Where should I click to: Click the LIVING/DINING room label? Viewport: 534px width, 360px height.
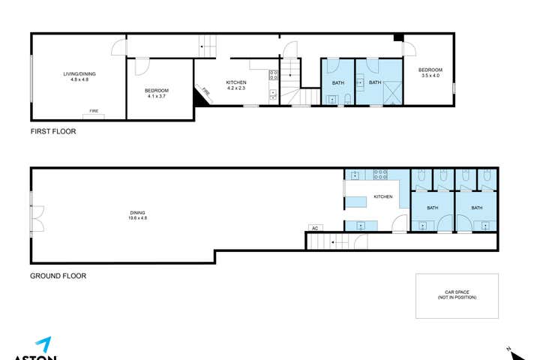[x=79, y=76]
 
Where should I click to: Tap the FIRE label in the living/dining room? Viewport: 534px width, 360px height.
[x=94, y=111]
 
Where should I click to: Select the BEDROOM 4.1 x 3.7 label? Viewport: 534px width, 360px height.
[x=159, y=93]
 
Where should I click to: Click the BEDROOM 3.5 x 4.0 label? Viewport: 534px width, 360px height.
[x=430, y=73]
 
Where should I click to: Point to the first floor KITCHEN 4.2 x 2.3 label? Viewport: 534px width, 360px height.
[x=236, y=85]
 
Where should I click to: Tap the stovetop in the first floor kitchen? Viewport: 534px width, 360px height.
[x=274, y=74]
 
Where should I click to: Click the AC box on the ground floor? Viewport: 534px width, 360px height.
[x=315, y=228]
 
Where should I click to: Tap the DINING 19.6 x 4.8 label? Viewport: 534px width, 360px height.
[x=137, y=215]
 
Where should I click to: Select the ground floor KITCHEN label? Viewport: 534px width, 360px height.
[x=383, y=196]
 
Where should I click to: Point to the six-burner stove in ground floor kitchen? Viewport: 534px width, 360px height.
[x=380, y=175]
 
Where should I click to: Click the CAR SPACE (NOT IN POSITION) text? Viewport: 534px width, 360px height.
[x=457, y=295]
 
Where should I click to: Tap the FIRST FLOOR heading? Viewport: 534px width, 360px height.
[x=53, y=131]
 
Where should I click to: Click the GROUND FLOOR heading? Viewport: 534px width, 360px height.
[x=58, y=276]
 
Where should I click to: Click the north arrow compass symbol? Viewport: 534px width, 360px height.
[x=509, y=349]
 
